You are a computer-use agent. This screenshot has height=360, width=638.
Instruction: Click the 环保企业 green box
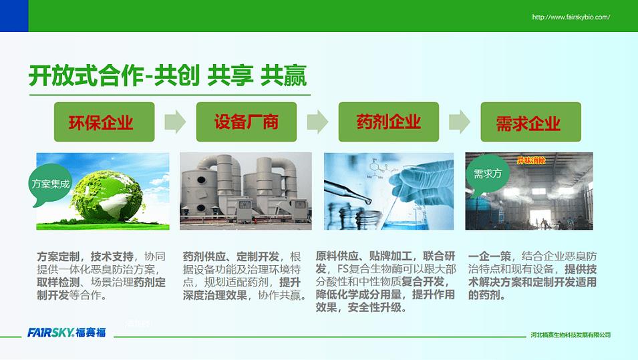click(104, 122)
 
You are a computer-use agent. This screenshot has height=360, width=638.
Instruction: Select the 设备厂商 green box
click(246, 122)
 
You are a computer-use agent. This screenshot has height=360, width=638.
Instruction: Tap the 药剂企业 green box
click(389, 122)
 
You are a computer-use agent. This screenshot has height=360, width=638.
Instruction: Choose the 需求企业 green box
click(530, 122)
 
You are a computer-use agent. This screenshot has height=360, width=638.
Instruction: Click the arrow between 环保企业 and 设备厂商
click(176, 122)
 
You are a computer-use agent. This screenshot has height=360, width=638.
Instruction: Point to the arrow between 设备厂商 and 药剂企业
click(317, 122)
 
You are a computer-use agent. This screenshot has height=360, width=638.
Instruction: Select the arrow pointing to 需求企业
click(460, 122)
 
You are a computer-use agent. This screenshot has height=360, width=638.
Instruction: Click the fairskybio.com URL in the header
click(571, 17)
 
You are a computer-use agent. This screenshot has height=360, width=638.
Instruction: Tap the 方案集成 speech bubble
click(50, 184)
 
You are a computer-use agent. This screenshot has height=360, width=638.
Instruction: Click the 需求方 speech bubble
click(488, 174)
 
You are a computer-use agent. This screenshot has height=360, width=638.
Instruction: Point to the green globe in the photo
click(108, 196)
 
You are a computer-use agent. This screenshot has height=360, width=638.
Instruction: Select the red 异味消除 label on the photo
click(531, 160)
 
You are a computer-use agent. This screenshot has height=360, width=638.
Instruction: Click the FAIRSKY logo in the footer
click(67, 333)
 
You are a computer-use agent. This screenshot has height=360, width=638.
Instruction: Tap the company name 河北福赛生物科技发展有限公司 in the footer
click(571, 335)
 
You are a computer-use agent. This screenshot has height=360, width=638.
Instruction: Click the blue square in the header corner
click(14, 16)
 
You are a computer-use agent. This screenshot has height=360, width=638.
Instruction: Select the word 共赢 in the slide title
click(283, 75)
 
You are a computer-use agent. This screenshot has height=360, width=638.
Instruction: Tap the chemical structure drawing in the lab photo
click(379, 168)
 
